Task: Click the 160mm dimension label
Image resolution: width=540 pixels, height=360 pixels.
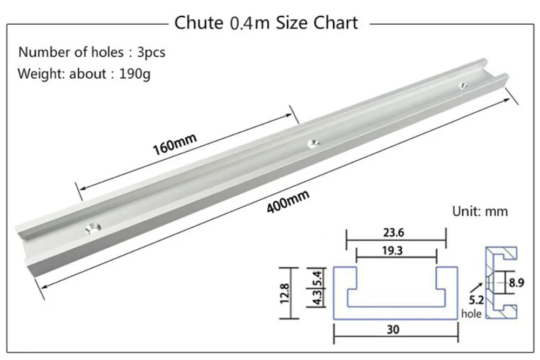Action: coord(174,144)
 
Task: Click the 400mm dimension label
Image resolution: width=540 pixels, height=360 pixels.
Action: coord(288,202)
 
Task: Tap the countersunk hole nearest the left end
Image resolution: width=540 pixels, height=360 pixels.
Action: coord(93,228)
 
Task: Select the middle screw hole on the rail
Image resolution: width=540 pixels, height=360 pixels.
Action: coord(313,144)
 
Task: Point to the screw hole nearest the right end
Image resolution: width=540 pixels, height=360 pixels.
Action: coord(463,85)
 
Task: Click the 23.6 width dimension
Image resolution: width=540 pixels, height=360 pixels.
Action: coord(394,233)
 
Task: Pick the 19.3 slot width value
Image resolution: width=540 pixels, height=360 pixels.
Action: coord(392,250)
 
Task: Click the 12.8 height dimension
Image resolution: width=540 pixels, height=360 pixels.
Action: coord(285,293)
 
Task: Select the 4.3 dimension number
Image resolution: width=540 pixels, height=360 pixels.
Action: coord(318,297)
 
